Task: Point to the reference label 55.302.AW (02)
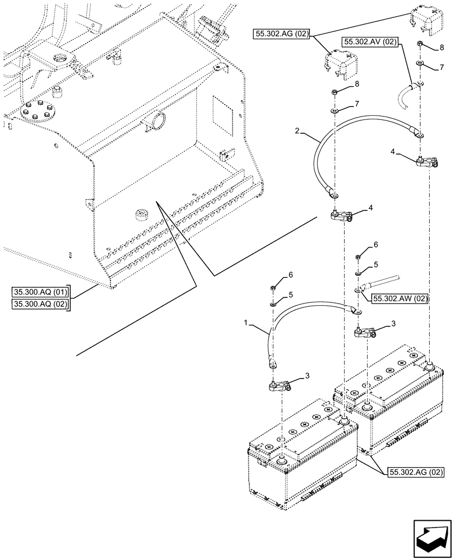coord(400,299)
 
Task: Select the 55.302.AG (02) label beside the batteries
coord(415,473)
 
